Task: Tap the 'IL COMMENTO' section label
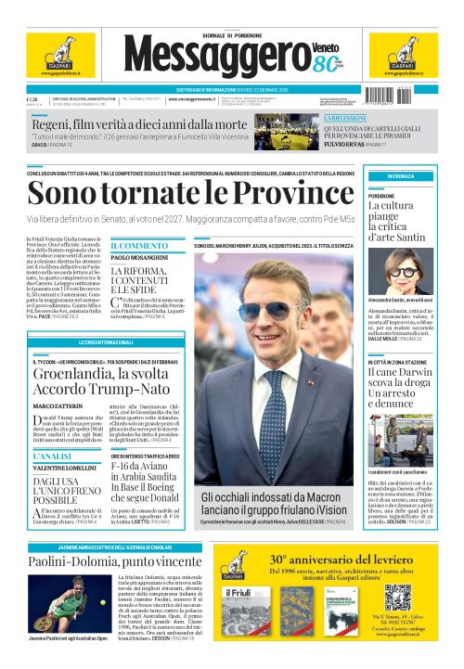pyautogui.click(x=139, y=246)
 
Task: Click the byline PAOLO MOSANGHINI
pyautogui.click(x=143, y=257)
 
